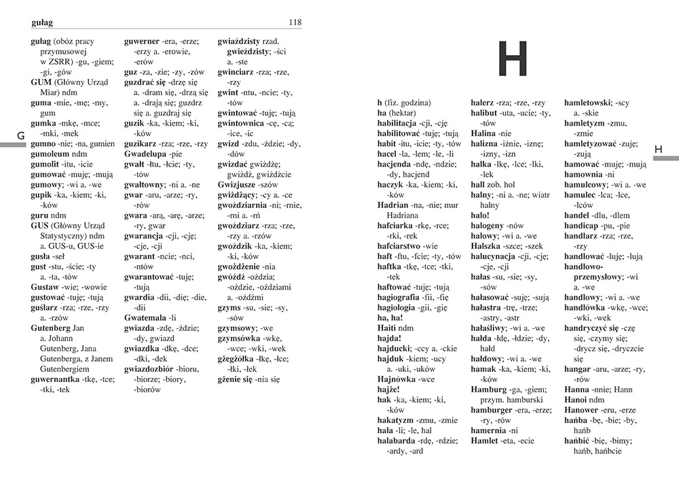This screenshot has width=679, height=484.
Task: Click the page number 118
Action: pyautogui.click(x=295, y=22)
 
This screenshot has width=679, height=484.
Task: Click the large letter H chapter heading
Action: pyautogui.click(x=513, y=59)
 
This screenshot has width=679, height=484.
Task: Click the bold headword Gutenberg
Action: pyautogui.click(x=52, y=328)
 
